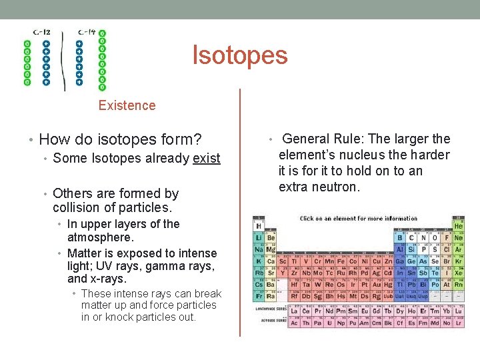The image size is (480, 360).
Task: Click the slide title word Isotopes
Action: [240, 55]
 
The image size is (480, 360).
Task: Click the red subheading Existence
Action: [127, 105]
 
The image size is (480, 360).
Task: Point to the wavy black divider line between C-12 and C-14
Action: [63, 60]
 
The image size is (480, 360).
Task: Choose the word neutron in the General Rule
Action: [339, 187]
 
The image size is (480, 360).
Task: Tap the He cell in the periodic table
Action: [458, 225]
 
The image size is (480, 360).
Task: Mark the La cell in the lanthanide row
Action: [294, 311]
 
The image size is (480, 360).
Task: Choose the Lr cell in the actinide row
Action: [458, 323]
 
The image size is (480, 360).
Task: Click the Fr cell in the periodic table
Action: [259, 296]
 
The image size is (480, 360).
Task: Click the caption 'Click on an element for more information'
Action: [359, 219]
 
